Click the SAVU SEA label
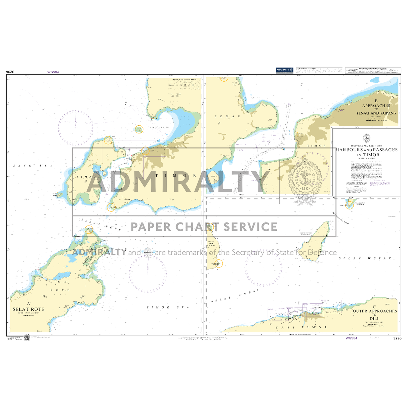33,166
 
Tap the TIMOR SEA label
168,307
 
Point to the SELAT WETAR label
365,258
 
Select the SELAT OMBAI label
235,295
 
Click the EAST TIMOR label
301,327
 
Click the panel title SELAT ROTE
29,309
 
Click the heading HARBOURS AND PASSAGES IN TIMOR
367,152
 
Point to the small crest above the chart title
366,138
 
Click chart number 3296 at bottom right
397,338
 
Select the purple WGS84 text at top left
53,72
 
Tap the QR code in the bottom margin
27,338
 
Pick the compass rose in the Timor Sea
148,273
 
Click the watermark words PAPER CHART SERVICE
204,227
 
